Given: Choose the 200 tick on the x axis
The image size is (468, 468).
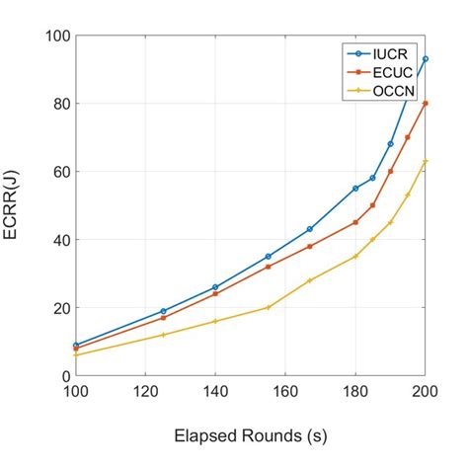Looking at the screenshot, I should click(426, 391).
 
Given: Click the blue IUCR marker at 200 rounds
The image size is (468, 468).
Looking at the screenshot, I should click(426, 59).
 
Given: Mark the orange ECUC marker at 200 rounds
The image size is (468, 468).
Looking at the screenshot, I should click(426, 103).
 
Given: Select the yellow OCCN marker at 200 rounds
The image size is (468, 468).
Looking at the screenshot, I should click(426, 161).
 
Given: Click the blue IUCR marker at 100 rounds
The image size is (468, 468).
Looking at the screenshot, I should click(75, 346).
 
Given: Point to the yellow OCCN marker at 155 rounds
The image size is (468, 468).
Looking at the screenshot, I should click(268, 308).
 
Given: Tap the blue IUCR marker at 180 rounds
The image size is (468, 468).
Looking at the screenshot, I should click(355, 189).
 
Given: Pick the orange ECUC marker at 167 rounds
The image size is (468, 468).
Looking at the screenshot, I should click(310, 246).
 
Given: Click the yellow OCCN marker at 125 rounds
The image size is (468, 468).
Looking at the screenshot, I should click(163, 335).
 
